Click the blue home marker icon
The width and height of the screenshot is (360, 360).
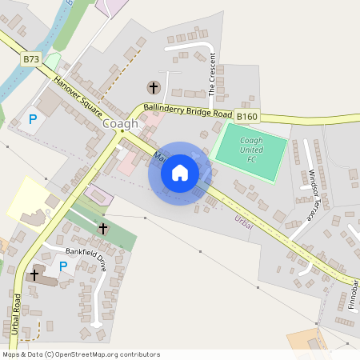[x=180, y=173]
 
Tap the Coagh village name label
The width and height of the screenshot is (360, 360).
[x=120, y=124]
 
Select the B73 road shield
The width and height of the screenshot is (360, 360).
[x=31, y=59]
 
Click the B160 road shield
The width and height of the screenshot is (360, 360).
[x=247, y=118]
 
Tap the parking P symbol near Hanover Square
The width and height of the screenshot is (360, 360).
[x=33, y=119]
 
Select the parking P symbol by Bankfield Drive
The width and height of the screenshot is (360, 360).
[x=62, y=266]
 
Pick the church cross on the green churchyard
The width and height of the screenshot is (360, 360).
[x=102, y=229]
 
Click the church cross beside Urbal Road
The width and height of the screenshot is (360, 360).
[x=34, y=274]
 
